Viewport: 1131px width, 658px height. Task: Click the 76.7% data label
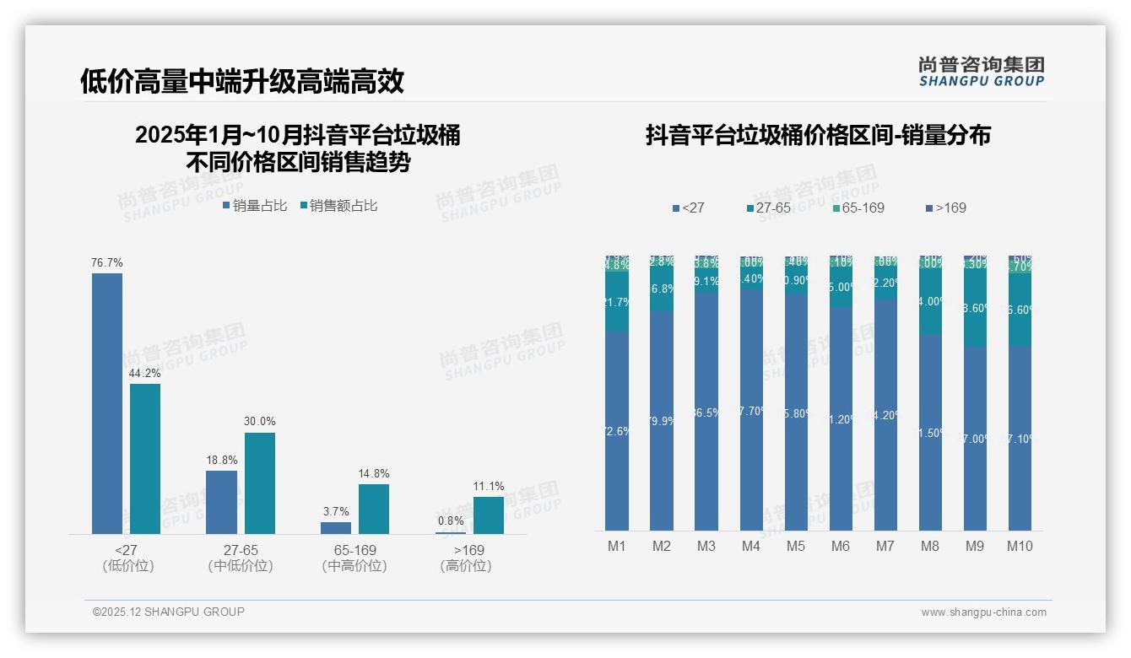pos(107,263)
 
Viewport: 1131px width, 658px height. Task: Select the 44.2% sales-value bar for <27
pos(145,459)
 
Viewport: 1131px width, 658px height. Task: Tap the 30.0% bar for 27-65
pos(260,483)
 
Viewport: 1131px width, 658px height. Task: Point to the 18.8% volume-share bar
pos(221,502)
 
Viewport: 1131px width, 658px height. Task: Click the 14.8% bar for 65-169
pos(374,509)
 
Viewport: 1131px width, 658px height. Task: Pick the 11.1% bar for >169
pos(489,515)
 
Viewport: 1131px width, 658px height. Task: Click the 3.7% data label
pos(335,511)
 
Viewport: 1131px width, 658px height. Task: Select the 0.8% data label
pos(451,521)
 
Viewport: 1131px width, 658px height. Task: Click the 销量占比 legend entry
pos(255,205)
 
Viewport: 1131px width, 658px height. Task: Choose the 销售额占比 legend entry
pos(338,205)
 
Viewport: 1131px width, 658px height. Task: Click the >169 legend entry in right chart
pos(945,208)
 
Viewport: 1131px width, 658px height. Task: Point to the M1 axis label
pos(617,546)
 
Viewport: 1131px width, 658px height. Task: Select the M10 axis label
pos(1020,546)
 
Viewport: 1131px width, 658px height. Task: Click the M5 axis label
pos(796,546)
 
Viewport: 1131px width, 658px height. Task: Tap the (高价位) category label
pos(465,566)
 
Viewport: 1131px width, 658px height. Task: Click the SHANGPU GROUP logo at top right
pos(981,72)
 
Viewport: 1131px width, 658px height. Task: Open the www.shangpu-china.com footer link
pos(983,612)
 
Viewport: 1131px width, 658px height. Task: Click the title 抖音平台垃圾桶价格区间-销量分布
pos(818,136)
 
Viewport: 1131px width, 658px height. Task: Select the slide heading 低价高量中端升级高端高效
pos(242,81)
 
